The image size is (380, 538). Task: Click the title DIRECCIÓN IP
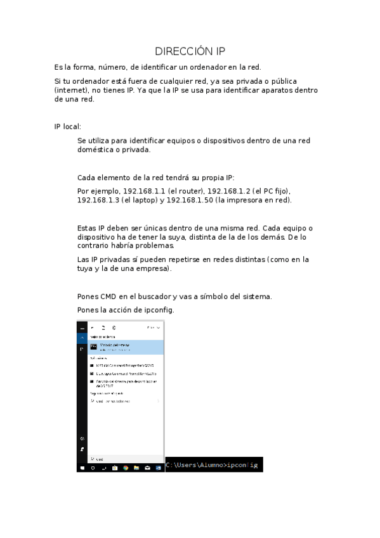190,51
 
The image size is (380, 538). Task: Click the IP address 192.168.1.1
143,190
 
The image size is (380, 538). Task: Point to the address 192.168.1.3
97,200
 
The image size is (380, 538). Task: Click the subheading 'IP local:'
67,126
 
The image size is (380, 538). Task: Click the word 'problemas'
152,246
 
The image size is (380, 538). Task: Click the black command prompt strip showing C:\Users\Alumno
213,465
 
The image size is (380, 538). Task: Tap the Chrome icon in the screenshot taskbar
125,468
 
